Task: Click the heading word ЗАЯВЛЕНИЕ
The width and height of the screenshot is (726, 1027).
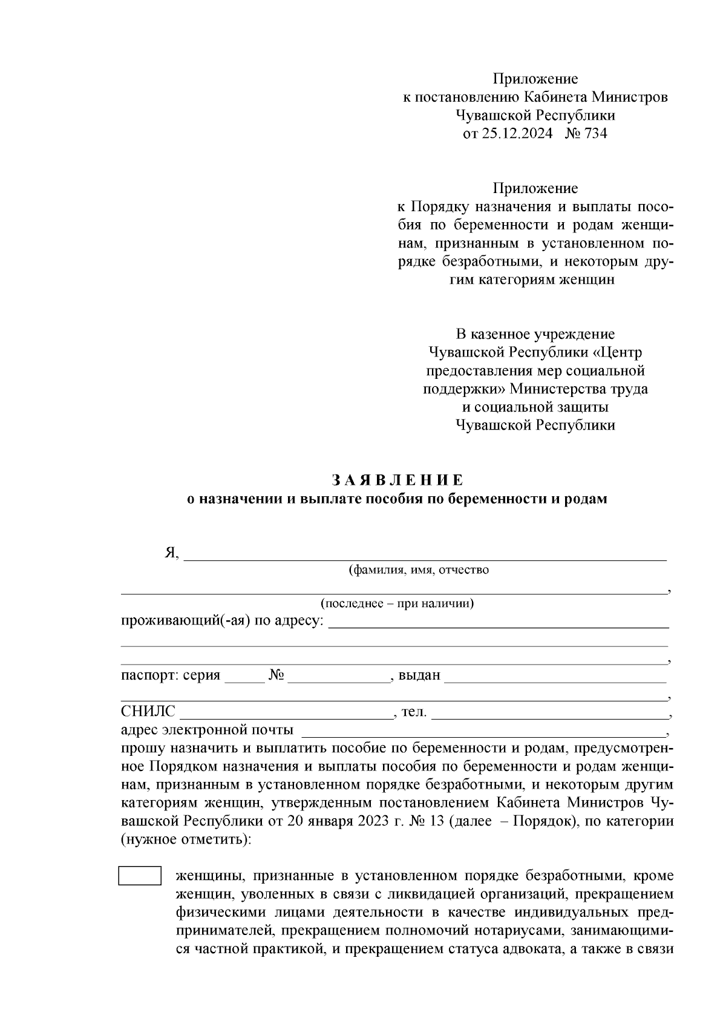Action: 397,481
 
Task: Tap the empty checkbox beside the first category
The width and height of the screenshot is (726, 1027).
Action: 140,876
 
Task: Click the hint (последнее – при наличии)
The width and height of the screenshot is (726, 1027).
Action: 397,603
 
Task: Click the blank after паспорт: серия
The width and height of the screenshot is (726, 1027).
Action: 244,675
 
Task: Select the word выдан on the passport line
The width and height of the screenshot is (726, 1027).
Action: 419,675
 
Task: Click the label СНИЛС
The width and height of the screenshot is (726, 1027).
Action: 148,712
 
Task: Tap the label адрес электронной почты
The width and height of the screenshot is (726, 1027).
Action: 208,730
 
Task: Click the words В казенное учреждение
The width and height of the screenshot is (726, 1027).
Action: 535,334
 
